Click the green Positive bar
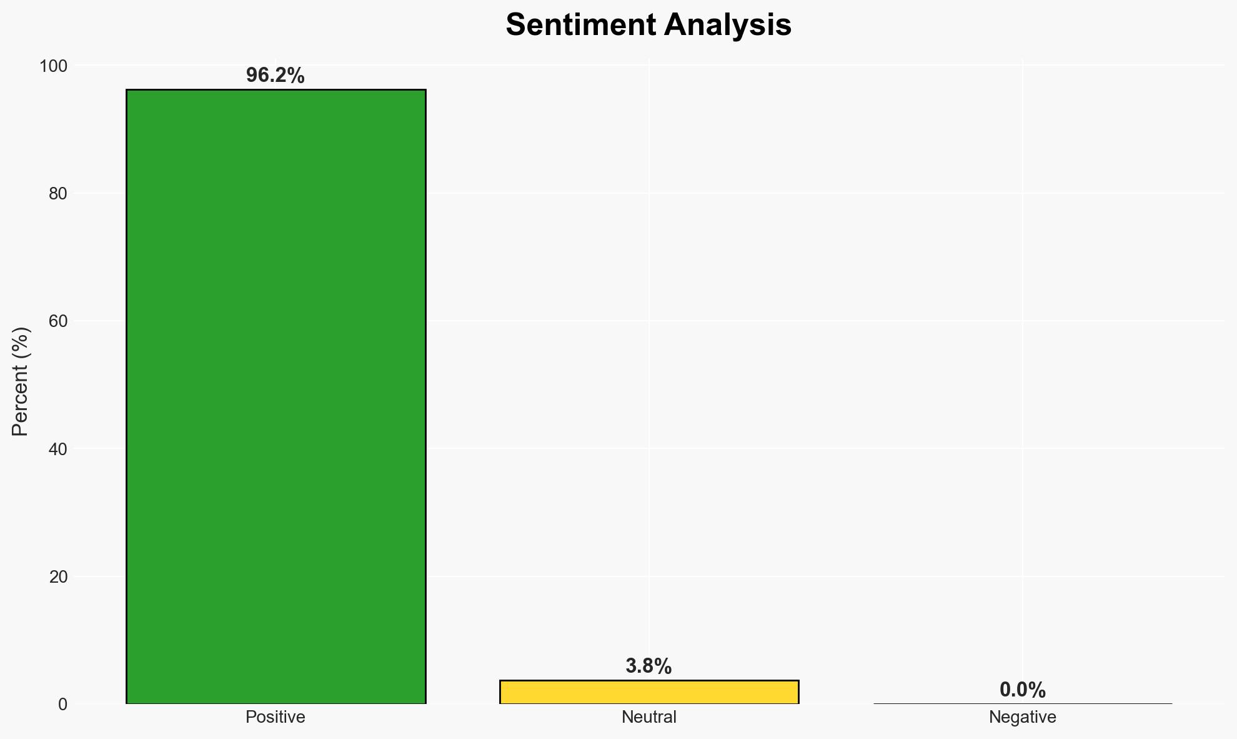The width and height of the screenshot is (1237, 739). coord(276,396)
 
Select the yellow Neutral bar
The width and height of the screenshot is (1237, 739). coord(648,692)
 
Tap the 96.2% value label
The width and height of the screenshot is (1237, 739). coord(275,76)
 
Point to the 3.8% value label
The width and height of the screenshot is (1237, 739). coord(648,666)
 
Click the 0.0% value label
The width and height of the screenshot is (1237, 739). coord(1022,690)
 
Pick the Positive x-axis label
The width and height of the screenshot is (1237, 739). coord(276,717)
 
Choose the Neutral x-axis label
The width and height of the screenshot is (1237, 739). coord(648,717)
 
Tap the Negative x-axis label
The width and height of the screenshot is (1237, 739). coord(1022,717)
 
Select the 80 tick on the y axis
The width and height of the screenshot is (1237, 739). coord(58,194)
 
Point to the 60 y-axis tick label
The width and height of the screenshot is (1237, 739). coord(58,321)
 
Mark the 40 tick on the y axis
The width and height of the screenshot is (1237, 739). coord(58,449)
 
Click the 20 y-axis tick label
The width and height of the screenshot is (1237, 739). coord(58,576)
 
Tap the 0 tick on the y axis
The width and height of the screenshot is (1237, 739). coord(62,705)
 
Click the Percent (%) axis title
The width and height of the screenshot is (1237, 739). coord(21,381)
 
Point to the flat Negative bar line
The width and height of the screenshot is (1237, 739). coord(1022,703)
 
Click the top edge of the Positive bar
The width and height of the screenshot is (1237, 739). coord(276,90)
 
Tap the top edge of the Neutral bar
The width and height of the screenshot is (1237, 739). coord(648,680)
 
